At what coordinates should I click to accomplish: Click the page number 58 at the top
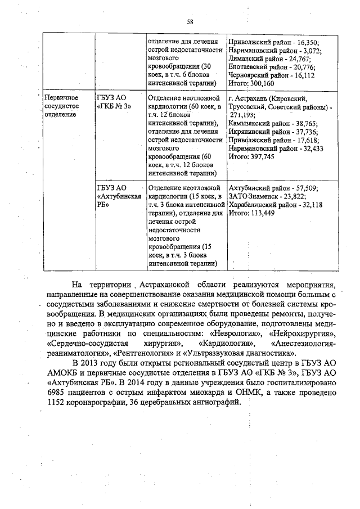point(190,22)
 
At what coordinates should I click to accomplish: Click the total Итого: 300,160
point(251,83)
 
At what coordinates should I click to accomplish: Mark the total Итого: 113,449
point(251,213)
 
